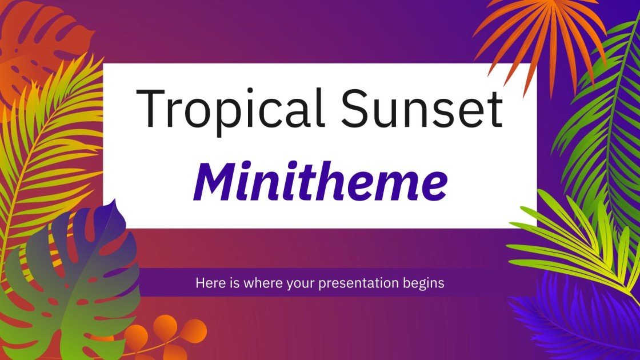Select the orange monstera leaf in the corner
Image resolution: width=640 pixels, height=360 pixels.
tap(34, 40)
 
